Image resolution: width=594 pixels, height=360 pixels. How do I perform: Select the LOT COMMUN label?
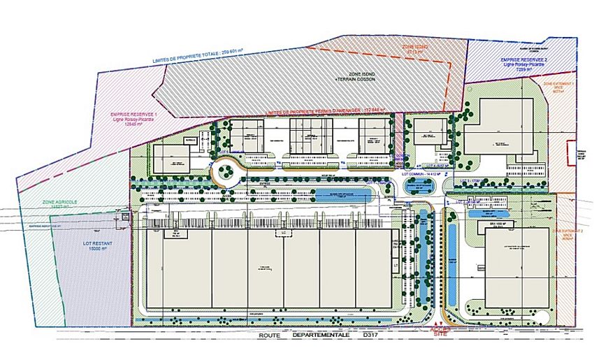point(417,171)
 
